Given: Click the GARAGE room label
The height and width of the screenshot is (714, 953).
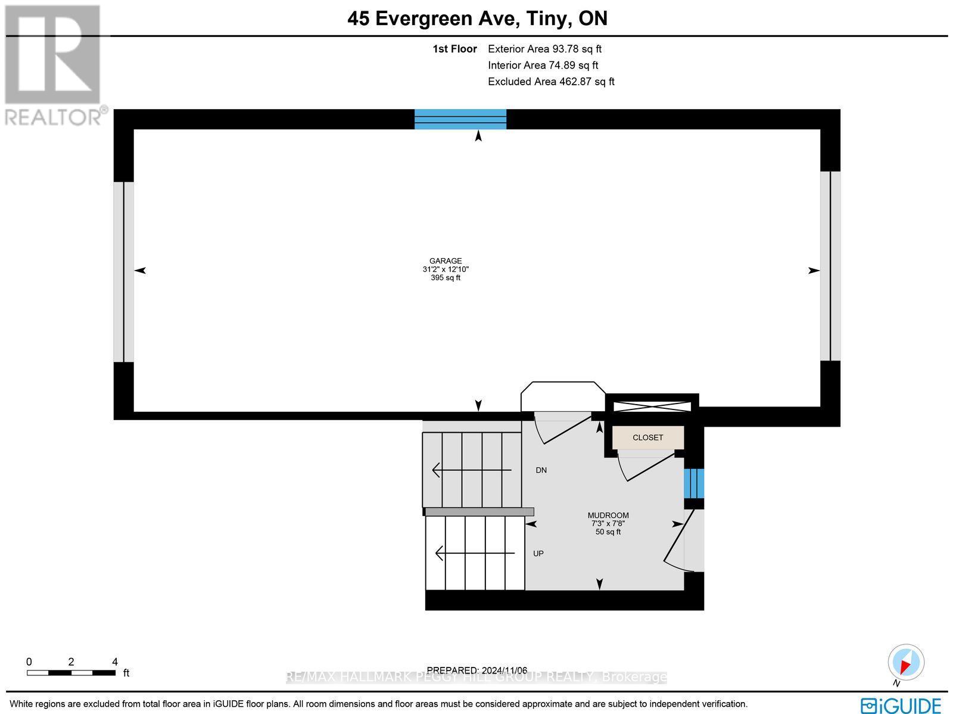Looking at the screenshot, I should pyautogui.click(x=446, y=261).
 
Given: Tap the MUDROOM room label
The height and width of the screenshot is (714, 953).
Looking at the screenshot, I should pyautogui.click(x=608, y=516).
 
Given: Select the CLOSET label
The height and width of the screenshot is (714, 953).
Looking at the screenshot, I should pyautogui.click(x=647, y=437).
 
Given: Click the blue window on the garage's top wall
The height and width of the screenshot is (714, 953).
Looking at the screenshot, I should pyautogui.click(x=460, y=119).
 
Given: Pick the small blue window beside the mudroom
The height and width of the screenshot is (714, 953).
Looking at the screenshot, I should pyautogui.click(x=694, y=483).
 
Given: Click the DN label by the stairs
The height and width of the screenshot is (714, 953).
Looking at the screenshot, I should pyautogui.click(x=541, y=470).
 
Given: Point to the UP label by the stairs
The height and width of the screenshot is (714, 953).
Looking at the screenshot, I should pyautogui.click(x=538, y=554).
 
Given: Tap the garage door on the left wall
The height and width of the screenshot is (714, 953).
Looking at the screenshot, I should pyautogui.click(x=124, y=272).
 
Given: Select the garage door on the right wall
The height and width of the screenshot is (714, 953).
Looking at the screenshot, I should pyautogui.click(x=830, y=266).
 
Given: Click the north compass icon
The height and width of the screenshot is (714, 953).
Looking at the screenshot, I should pyautogui.click(x=906, y=663).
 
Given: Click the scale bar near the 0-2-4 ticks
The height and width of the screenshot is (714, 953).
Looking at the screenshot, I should pyautogui.click(x=71, y=673).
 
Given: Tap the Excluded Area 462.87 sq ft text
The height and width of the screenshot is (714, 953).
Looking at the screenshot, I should pyautogui.click(x=551, y=82).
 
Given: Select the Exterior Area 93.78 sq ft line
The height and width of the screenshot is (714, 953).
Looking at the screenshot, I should pyautogui.click(x=544, y=49).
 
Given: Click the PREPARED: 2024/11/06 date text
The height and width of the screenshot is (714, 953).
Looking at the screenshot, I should pyautogui.click(x=477, y=670).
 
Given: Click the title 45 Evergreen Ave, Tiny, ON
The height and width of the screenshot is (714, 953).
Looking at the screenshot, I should pyautogui.click(x=477, y=18).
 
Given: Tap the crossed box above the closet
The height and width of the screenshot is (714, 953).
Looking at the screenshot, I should pyautogui.click(x=652, y=406).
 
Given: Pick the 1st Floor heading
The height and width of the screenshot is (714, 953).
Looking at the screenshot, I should pyautogui.click(x=454, y=49).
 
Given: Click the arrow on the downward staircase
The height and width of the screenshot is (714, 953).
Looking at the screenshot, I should pyautogui.click(x=471, y=470).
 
